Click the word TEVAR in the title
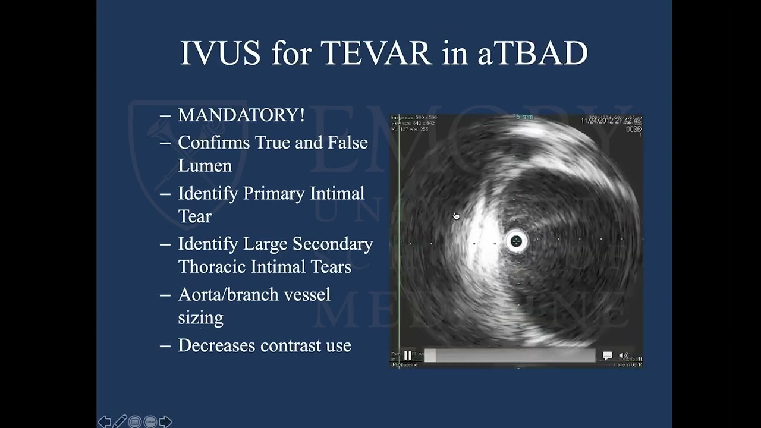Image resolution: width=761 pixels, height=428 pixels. point(376,53)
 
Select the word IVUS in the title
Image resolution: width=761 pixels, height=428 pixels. point(220,53)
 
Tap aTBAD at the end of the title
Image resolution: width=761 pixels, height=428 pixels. point(532,53)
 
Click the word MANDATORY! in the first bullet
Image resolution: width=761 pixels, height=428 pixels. point(241,115)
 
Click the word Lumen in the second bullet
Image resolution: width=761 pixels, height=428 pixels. point(205,166)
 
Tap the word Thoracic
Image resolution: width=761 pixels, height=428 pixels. point(212,267)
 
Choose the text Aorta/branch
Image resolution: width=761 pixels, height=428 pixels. point(254,295)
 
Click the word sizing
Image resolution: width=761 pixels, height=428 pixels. point(200,317)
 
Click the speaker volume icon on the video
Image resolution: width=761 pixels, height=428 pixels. point(624,355)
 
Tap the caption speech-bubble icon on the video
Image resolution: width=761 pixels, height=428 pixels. point(607,355)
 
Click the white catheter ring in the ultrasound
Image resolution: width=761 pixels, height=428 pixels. point(516,241)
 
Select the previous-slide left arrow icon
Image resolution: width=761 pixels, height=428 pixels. point(104,421)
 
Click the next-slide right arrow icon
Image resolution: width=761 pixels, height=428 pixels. point(166,421)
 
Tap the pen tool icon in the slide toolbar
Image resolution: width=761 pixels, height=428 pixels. point(120,421)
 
